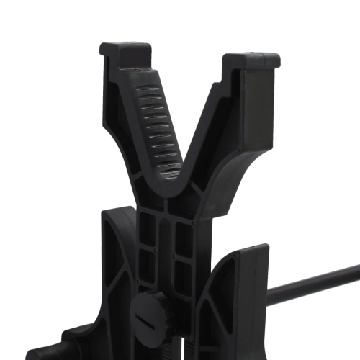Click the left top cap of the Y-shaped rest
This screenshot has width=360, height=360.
tap(125, 52)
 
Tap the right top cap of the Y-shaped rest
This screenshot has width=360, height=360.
tap(251, 60)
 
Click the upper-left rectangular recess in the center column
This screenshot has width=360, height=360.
tap(147, 230)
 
